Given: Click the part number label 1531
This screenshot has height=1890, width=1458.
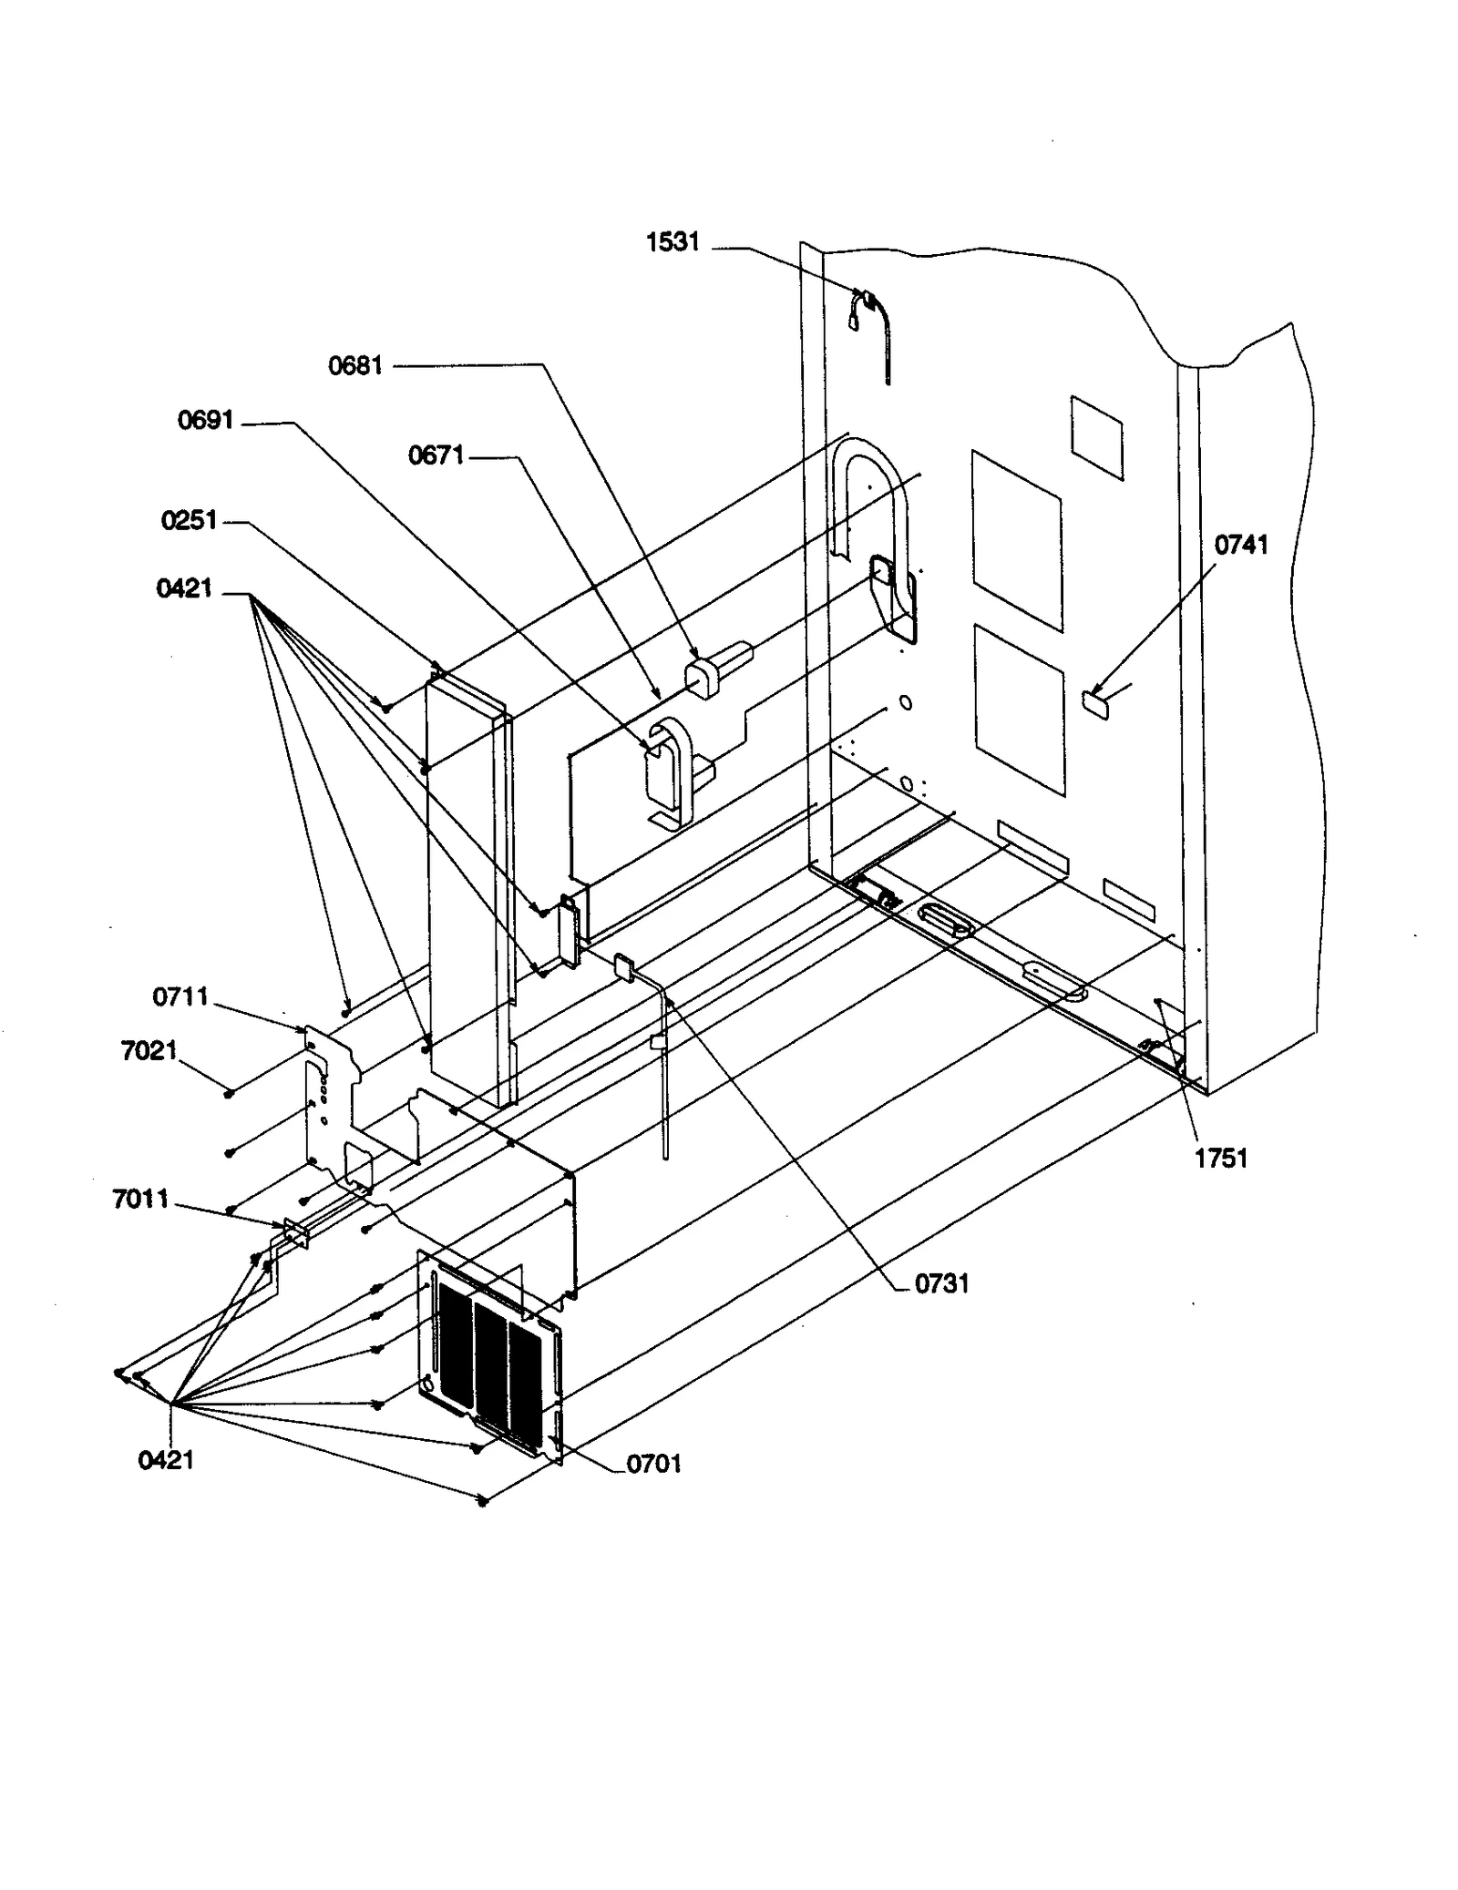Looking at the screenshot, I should click(x=673, y=242).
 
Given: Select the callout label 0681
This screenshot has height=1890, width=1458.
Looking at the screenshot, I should click(x=355, y=366).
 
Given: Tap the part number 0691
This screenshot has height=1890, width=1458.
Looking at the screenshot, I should click(x=206, y=420).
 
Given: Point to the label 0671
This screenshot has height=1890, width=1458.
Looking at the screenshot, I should click(x=436, y=455).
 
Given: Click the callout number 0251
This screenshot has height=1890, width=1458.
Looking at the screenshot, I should click(x=189, y=520).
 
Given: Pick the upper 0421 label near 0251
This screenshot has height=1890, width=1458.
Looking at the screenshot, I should click(x=184, y=588).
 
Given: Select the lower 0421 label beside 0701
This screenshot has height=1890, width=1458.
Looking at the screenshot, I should click(x=166, y=1460).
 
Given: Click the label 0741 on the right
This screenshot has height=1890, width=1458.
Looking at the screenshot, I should click(x=1240, y=545).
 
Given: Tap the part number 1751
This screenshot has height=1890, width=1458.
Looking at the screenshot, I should click(x=1221, y=1159).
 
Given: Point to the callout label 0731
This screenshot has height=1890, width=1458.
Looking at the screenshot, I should click(x=941, y=1283).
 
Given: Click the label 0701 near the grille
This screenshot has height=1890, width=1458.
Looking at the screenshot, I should click(x=653, y=1464).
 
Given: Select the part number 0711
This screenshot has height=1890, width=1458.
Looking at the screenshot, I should click(x=180, y=997).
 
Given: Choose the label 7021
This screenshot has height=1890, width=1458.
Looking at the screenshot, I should click(x=149, y=1051).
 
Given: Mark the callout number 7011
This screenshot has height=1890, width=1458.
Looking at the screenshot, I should click(x=140, y=1199).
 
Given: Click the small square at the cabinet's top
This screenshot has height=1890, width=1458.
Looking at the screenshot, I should click(x=1096, y=437).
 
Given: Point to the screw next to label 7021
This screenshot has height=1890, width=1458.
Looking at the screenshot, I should click(x=230, y=1092).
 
